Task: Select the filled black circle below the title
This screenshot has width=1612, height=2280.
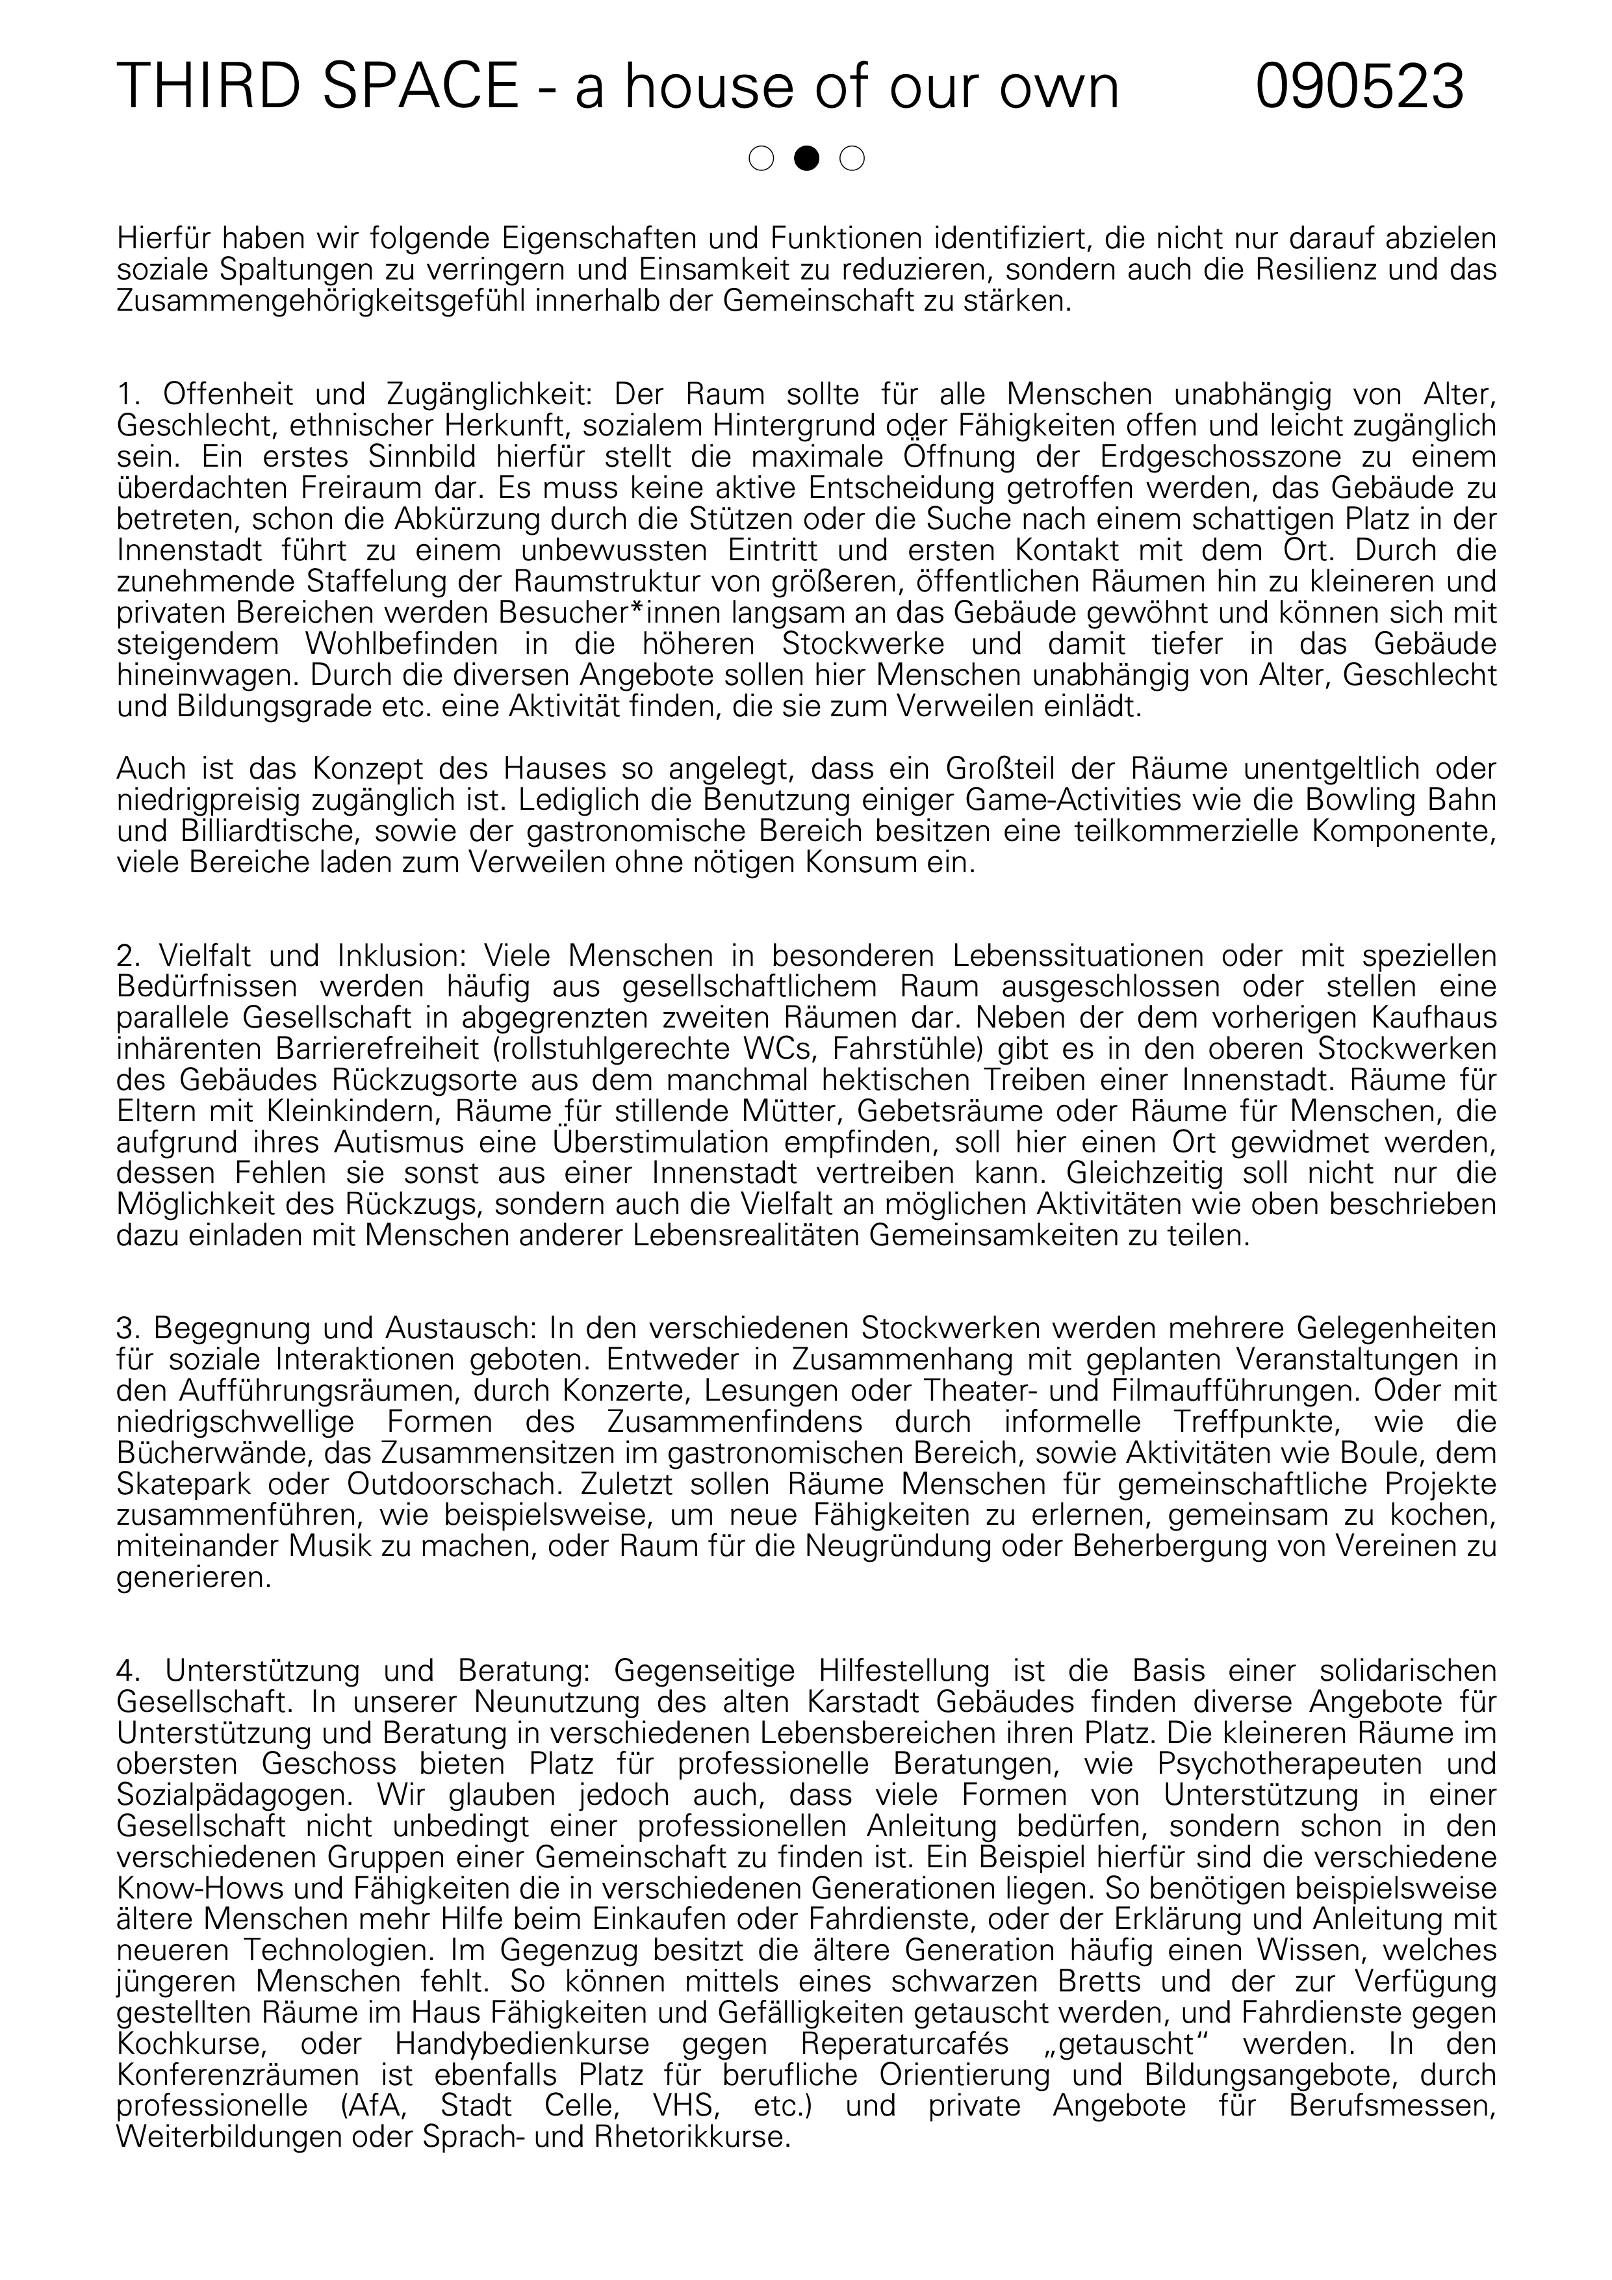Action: (807, 158)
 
